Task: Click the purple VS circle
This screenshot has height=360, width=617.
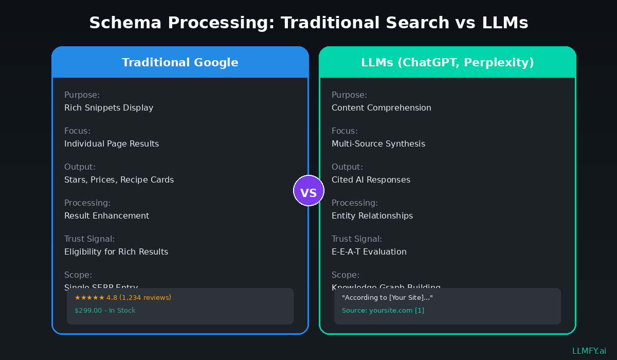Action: (308, 191)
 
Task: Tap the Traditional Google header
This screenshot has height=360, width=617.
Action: (180, 63)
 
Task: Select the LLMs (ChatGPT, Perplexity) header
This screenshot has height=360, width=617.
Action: (447, 63)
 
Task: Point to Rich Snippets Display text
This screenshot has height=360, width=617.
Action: (108, 108)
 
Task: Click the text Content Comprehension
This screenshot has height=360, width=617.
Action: (381, 108)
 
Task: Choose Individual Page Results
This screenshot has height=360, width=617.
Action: (111, 144)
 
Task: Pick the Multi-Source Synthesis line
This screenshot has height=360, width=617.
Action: (378, 144)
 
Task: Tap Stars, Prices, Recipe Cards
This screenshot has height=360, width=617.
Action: (119, 180)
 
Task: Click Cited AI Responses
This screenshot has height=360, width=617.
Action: (371, 180)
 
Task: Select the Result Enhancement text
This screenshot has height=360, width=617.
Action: (106, 216)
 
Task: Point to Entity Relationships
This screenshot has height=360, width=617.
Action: (372, 216)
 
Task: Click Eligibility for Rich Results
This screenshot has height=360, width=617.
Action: (116, 252)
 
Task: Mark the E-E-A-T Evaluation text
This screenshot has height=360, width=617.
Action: (369, 252)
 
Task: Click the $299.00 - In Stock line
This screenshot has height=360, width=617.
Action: (105, 311)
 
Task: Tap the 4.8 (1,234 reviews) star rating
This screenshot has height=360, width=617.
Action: (123, 298)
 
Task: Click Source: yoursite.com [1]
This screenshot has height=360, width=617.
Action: (383, 311)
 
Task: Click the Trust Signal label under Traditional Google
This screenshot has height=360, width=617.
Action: (89, 239)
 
